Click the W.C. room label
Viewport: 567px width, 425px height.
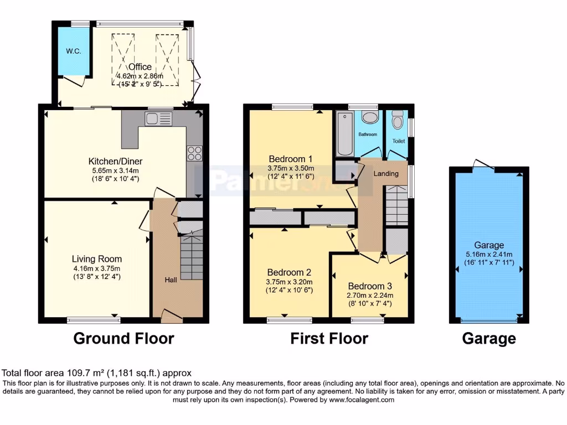[74, 51]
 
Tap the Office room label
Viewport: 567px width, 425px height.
[140, 68]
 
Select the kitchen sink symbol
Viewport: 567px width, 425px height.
[158, 118]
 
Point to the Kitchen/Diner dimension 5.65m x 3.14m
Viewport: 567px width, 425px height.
[120, 170]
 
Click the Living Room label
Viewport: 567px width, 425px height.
[97, 258]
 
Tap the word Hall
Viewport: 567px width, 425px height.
[171, 280]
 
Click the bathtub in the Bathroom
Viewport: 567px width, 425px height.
[343, 133]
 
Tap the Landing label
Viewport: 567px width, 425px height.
[386, 174]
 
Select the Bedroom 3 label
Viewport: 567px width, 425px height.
[370, 286]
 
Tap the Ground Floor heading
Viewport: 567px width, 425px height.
[123, 338]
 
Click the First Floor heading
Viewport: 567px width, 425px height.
[329, 338]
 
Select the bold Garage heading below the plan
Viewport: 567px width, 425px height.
[489, 338]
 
